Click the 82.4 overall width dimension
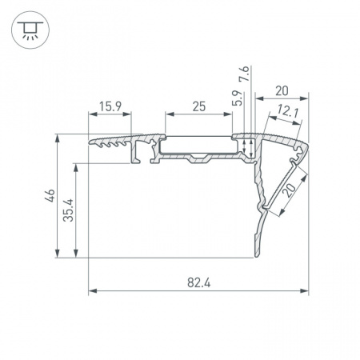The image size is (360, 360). tap(198, 282)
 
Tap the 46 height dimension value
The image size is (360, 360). tap(50, 195)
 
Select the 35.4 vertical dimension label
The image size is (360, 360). tap(68, 210)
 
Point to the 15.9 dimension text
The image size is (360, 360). tap(110, 106)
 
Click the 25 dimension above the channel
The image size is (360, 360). tap(199, 106)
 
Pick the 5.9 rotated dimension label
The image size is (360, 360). tap(237, 98)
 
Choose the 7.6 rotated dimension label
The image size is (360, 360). tap(245, 74)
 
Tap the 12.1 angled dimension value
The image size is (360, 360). tap(288, 111)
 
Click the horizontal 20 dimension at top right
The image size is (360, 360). tap(282, 91)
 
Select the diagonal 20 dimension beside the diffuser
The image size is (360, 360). tap(290, 190)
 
